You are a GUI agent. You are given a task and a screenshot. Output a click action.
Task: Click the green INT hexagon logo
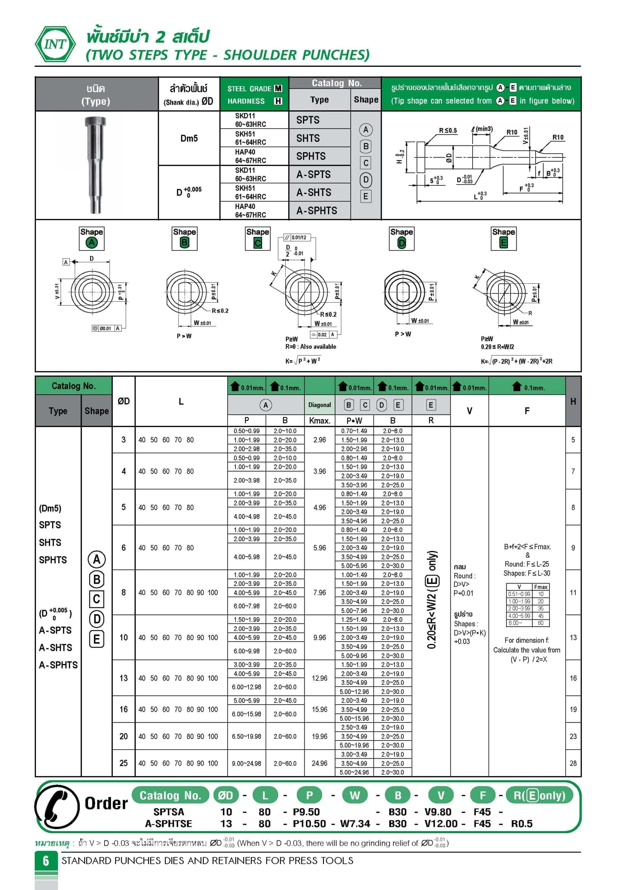(55, 44)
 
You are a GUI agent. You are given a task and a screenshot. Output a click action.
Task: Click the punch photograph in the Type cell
(95, 165)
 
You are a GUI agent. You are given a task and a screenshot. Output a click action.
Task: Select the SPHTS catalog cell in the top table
(311, 156)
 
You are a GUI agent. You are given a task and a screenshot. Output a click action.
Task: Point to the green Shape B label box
(184, 238)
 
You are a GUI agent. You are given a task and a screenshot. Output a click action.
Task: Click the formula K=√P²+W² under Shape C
(303, 361)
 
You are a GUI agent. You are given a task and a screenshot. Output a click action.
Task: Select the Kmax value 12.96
(319, 678)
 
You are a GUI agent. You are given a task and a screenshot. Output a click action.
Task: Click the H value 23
(573, 736)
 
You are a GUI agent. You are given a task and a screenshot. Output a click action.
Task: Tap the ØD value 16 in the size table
(123, 709)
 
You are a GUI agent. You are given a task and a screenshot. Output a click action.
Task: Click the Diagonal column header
(319, 405)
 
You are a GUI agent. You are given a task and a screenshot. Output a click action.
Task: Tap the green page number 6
(46, 861)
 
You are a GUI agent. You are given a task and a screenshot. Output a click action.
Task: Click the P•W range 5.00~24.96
(354, 772)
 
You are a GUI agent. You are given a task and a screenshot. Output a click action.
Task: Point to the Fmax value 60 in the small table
(540, 623)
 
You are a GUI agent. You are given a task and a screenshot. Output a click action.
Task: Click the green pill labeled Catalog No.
(170, 796)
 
